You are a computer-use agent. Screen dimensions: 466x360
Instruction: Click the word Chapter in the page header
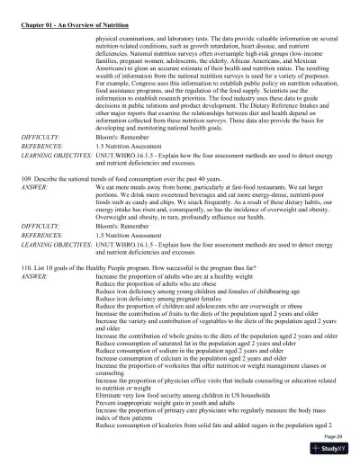(32, 11)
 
